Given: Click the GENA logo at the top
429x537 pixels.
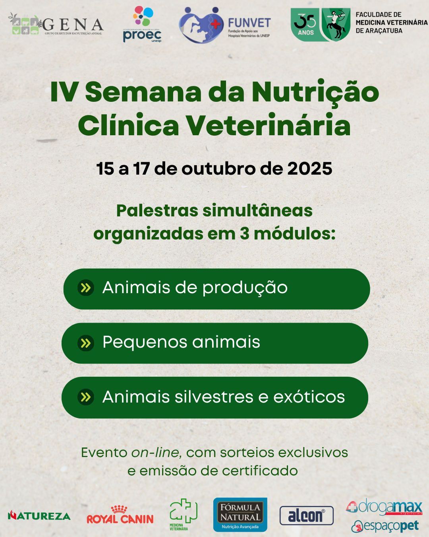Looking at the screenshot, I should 56,24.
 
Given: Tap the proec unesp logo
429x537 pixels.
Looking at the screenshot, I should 142,25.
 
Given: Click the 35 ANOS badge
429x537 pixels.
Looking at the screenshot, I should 305,24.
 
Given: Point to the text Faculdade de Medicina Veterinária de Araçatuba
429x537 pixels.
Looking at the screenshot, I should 391,23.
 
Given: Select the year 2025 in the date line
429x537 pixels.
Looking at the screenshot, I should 310,169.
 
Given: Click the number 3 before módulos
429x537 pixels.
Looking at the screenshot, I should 245,233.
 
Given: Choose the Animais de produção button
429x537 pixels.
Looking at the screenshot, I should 216,289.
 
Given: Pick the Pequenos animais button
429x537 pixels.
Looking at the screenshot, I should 215,343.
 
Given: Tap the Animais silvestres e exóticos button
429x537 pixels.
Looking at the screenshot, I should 215,397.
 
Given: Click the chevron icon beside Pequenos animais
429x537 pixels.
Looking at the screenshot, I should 85,343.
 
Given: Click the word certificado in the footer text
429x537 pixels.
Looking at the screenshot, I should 260,471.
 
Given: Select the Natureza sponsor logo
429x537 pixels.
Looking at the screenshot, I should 39,516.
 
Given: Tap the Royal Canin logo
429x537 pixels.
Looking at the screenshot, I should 120,515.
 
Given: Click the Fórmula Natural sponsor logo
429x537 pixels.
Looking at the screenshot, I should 240,515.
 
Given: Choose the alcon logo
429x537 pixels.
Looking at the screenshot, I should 306,516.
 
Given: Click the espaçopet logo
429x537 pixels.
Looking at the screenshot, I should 385,526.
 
